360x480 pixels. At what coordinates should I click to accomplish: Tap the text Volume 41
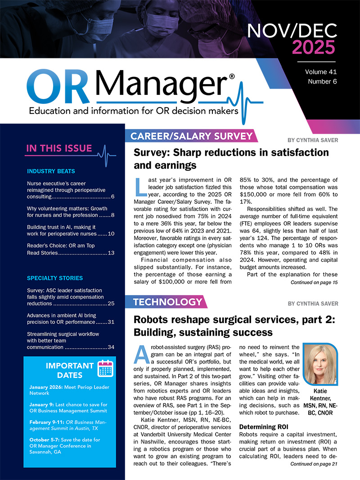(321, 72)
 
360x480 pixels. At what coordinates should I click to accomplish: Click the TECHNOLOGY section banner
(167, 302)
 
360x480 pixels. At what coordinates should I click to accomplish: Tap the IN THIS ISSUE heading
(59, 148)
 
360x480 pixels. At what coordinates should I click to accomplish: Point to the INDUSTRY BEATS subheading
(51, 171)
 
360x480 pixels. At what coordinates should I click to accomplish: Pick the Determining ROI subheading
(262, 426)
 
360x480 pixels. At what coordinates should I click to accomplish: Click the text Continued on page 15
(314, 282)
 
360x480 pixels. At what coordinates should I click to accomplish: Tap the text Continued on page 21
(314, 463)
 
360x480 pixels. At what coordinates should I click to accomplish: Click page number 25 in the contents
(111, 304)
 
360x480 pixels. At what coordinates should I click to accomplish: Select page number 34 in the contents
(111, 347)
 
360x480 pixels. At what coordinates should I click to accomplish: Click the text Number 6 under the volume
(322, 81)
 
